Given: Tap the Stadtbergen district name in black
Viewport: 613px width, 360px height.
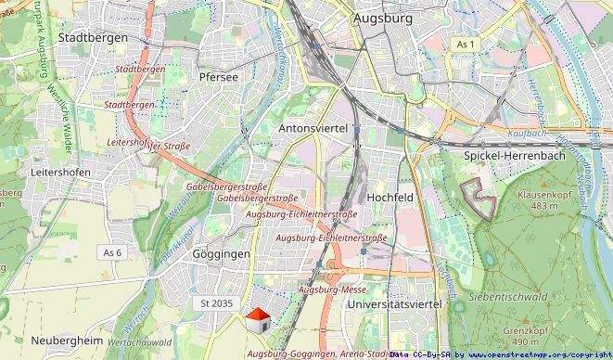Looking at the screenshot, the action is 90,38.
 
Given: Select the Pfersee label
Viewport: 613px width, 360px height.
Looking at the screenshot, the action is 220,77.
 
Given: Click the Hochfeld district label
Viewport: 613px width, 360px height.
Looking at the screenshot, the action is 390,199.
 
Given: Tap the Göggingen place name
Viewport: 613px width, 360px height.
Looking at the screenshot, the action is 221,253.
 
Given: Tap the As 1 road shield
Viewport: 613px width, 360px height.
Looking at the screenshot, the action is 466,45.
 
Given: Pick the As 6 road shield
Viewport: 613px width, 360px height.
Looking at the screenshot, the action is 112,252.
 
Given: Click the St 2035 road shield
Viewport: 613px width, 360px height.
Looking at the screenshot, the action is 216,303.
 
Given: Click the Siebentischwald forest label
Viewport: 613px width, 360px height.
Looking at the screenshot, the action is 507,296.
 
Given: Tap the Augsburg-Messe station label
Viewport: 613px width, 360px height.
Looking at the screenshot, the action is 333,289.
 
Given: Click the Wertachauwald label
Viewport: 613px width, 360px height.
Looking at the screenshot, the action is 139,342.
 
